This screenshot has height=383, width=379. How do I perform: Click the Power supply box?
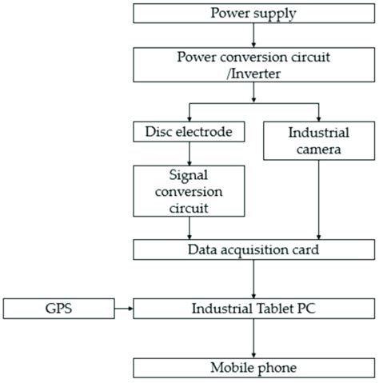pyautogui.click(x=253, y=13)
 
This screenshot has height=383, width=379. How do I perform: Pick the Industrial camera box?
pyautogui.click(x=319, y=139)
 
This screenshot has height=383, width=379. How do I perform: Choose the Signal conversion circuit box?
pyautogui.click(x=189, y=191)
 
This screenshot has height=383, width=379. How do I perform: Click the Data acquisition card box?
pyautogui.click(x=253, y=249)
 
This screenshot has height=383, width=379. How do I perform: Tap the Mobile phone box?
pyautogui.click(x=253, y=367)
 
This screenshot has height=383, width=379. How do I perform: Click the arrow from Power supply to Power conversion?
pyautogui.click(x=253, y=35)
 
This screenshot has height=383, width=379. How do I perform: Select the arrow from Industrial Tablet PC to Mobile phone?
pyautogui.click(x=253, y=337)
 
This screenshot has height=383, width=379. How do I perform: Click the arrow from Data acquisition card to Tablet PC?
pyautogui.click(x=253, y=278)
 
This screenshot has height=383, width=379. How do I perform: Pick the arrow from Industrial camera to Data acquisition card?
pyautogui.click(x=319, y=200)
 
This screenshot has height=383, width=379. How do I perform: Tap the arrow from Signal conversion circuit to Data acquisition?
pyautogui.click(x=189, y=228)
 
